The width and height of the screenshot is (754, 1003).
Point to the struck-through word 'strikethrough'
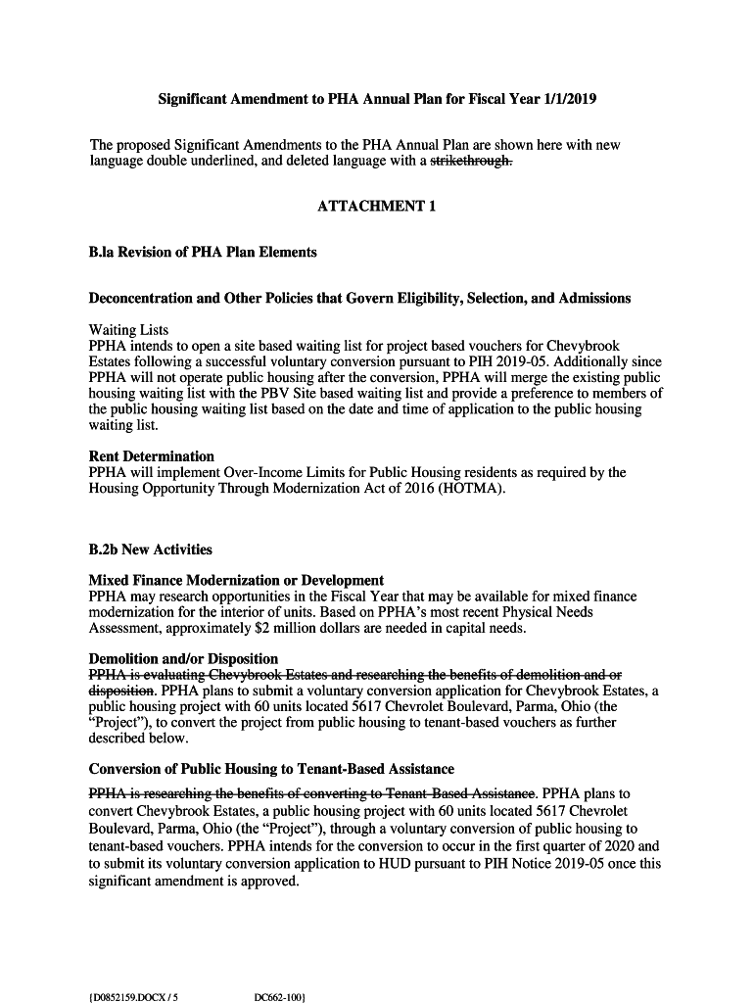tap(472, 162)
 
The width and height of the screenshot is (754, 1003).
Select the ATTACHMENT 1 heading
tap(376, 207)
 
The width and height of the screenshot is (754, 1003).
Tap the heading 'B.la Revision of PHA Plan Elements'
tap(203, 252)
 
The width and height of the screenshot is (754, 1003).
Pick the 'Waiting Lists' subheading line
tap(128, 330)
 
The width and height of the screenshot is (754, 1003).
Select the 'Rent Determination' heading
tap(151, 456)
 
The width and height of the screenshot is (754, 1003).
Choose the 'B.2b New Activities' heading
tap(150, 549)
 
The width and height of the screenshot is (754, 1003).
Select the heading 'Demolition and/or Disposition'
tap(183, 659)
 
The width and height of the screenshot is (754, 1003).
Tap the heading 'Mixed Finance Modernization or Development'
tap(236, 581)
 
